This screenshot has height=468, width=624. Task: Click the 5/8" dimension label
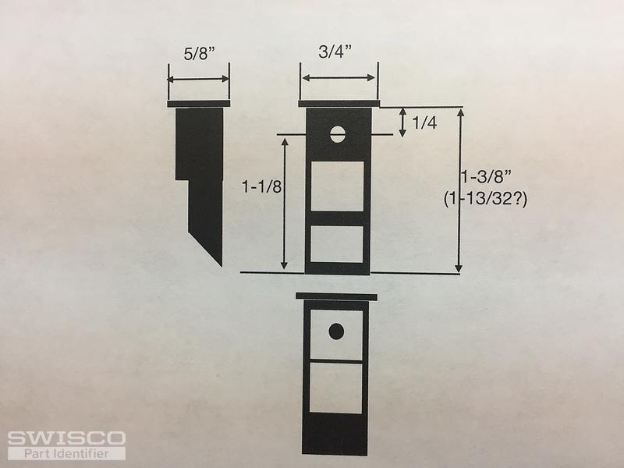pyautogui.click(x=199, y=54)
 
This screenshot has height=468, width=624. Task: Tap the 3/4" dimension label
pyautogui.click(x=335, y=51)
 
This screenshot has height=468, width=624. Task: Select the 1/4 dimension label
pyautogui.click(x=424, y=123)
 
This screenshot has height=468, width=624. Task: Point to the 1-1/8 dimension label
pyautogui.click(x=261, y=186)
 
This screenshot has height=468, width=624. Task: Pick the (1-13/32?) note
pyautogui.click(x=485, y=199)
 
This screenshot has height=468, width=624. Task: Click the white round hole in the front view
pyautogui.click(x=338, y=134)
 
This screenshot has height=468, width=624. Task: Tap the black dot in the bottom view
pyautogui.click(x=336, y=331)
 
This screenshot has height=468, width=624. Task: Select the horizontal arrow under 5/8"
pyautogui.click(x=198, y=80)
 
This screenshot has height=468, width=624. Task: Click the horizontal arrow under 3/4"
pyautogui.click(x=339, y=77)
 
